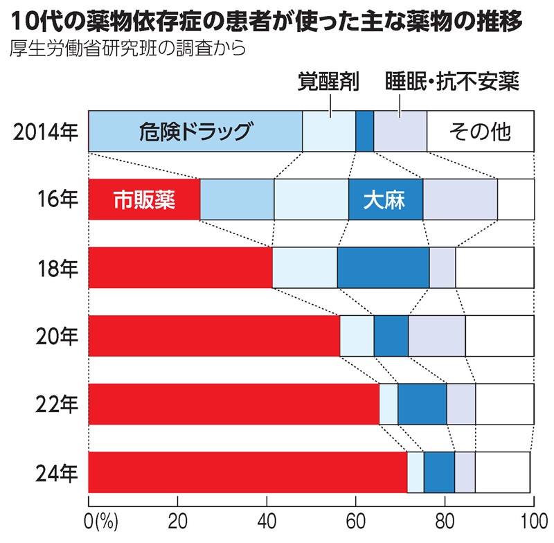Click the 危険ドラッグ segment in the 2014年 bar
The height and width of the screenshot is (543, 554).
point(195,131)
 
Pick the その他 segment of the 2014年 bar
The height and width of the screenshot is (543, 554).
point(480,131)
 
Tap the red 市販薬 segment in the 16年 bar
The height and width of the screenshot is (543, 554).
point(144,199)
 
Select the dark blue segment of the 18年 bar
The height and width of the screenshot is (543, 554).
point(383,267)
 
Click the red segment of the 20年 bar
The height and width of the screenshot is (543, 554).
point(214,336)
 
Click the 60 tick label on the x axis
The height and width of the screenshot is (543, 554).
point(355,520)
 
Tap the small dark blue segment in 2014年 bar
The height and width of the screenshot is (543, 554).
point(364,131)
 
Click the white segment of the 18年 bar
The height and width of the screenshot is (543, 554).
point(494,267)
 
